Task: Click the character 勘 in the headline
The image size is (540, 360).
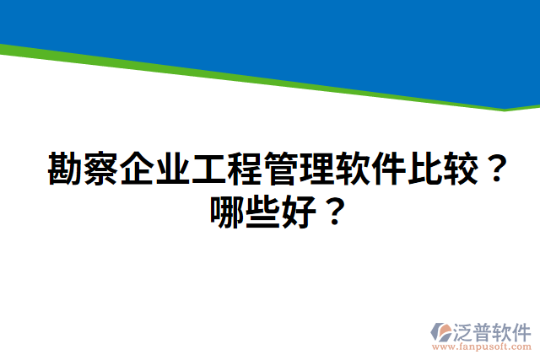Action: [x=65, y=169]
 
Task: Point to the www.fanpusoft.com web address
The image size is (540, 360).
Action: [x=482, y=347]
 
